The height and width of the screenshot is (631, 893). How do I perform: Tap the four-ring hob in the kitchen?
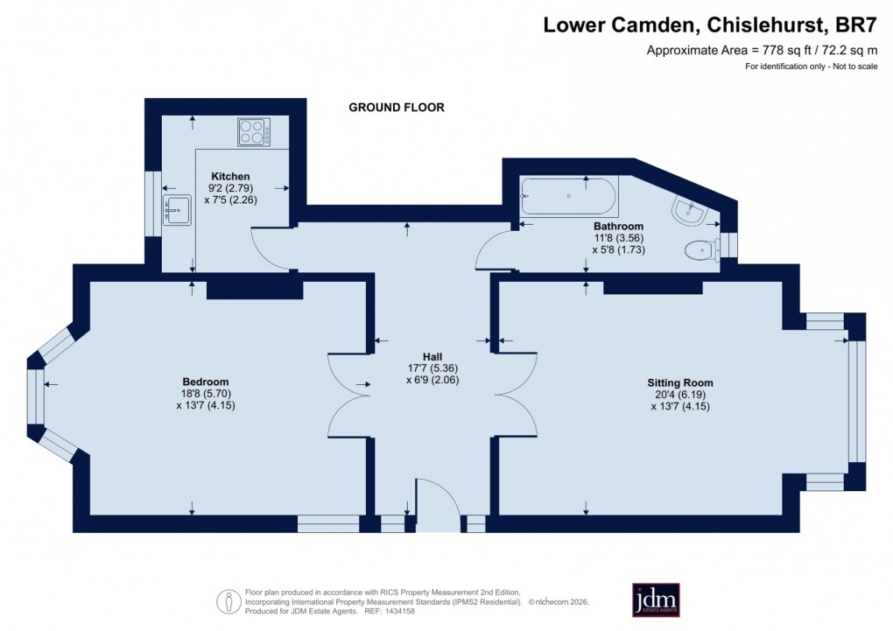(253, 132)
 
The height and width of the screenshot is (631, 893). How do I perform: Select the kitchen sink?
(178, 209)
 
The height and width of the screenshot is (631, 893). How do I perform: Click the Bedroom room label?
(205, 382)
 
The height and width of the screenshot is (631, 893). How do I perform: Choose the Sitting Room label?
(679, 382)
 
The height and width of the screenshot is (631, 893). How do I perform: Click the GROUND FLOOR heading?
(397, 108)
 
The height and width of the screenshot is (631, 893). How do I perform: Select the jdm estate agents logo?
(656, 599)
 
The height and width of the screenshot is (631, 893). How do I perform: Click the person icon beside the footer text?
(229, 600)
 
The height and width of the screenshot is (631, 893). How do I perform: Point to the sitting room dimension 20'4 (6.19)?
(679, 395)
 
